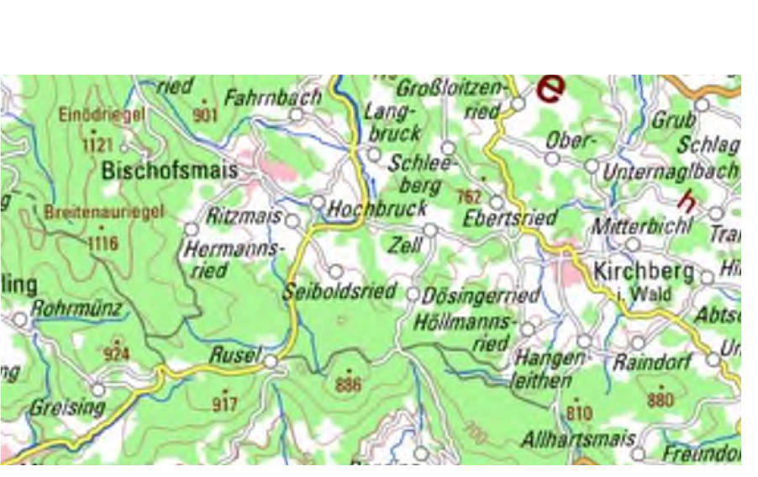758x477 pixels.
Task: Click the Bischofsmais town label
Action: pyautogui.click(x=169, y=171)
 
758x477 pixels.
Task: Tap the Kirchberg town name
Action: pyautogui.click(x=644, y=272)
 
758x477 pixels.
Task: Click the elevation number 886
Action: pyautogui.click(x=347, y=385)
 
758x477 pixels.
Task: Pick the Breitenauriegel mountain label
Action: pyautogui.click(x=105, y=213)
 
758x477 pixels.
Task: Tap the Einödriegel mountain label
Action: pyautogui.click(x=103, y=114)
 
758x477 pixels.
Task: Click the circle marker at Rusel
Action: pyautogui.click(x=270, y=362)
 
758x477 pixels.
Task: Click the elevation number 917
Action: pyautogui.click(x=224, y=405)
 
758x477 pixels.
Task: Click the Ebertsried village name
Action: pyautogui.click(x=510, y=219)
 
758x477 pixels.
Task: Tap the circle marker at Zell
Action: pyautogui.click(x=430, y=230)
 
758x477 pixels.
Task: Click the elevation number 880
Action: pyautogui.click(x=660, y=400)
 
